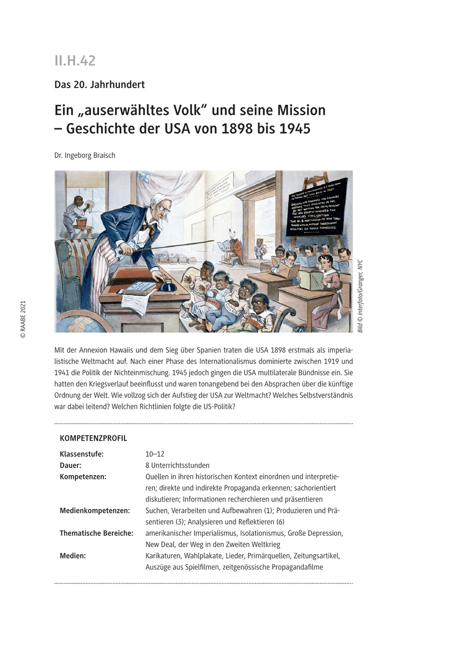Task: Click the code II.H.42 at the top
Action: pyautogui.click(x=75, y=61)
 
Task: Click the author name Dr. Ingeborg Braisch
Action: pyautogui.click(x=84, y=155)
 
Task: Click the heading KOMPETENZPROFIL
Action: pyautogui.click(x=94, y=439)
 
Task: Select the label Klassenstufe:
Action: pyautogui.click(x=82, y=454)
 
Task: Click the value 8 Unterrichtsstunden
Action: pyautogui.click(x=177, y=465)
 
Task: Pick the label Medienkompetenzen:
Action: pyautogui.click(x=95, y=510)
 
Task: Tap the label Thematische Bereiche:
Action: pyautogui.click(x=96, y=533)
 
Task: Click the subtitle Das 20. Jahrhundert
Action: pyautogui.click(x=99, y=84)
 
